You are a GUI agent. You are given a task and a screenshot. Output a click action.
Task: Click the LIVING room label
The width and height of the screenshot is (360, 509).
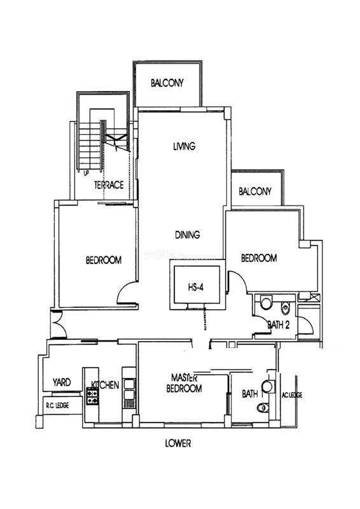(184, 146)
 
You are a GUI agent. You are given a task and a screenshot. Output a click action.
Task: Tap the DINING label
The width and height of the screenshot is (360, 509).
(188, 234)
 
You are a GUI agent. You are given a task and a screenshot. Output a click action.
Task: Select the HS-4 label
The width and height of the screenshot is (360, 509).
(196, 288)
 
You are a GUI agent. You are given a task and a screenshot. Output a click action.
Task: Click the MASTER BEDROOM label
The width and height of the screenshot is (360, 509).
(184, 383)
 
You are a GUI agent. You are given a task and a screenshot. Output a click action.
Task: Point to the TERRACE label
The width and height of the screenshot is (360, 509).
(109, 185)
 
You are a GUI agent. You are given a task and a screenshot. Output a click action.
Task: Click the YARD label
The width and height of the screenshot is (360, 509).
(62, 382)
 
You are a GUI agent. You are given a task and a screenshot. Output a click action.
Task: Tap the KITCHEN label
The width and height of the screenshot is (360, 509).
(105, 385)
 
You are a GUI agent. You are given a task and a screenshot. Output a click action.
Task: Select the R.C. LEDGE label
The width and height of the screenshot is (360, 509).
(57, 406)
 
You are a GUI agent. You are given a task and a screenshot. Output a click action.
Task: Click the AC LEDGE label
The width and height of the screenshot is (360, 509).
(292, 395)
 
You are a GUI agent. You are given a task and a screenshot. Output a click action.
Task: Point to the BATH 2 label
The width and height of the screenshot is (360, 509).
(278, 324)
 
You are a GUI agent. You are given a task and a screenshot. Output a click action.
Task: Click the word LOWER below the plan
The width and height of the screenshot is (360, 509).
(178, 443)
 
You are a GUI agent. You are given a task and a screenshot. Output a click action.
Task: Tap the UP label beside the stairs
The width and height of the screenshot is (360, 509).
(86, 173)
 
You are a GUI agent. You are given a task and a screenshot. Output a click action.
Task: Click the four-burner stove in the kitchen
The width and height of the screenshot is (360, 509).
(92, 396)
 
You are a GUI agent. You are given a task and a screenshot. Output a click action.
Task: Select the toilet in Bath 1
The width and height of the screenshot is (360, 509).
(263, 407)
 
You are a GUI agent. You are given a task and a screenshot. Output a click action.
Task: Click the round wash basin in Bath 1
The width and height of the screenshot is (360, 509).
(268, 386)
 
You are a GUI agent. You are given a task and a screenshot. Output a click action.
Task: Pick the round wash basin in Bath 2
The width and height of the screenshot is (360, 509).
(267, 303)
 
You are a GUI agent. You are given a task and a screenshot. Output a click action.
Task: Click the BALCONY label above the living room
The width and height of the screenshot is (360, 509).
(167, 83)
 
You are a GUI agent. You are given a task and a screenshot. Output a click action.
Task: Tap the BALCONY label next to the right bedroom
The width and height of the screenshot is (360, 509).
(255, 192)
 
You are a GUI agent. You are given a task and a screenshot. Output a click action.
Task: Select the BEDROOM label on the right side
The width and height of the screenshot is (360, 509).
(259, 258)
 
